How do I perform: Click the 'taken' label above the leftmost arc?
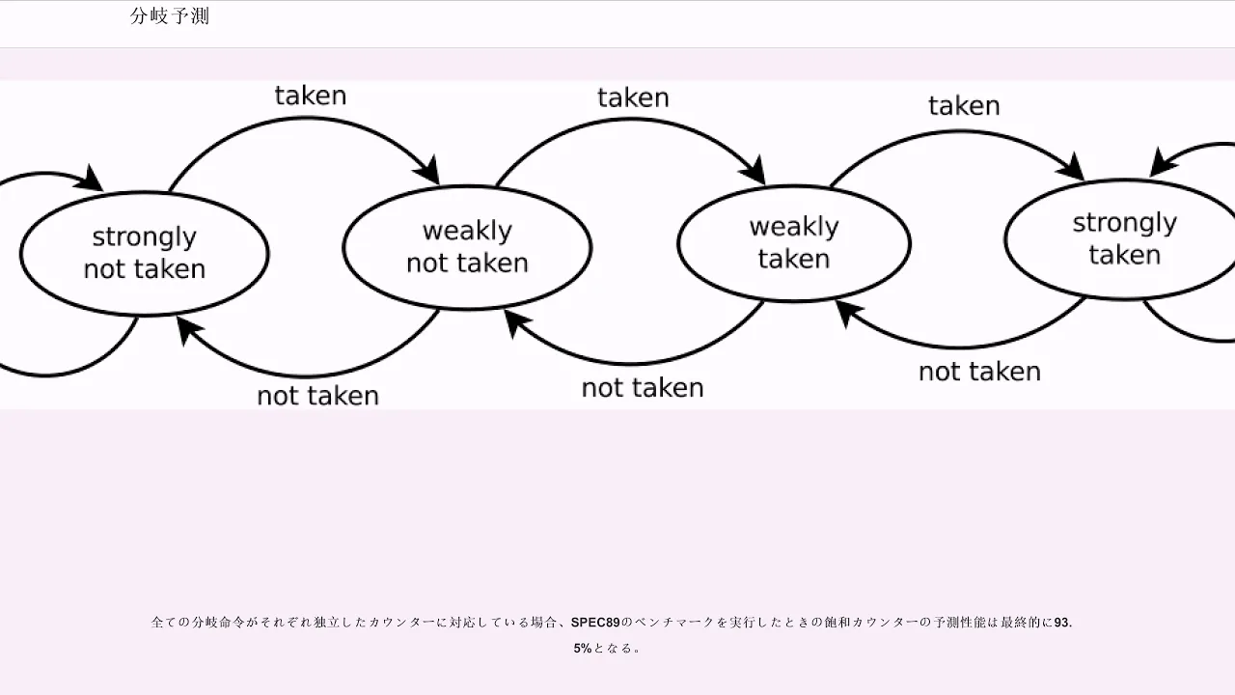click(x=311, y=96)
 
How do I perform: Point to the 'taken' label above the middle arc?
click(x=633, y=98)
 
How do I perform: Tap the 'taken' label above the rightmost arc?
click(x=964, y=106)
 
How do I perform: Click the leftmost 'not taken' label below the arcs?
click(x=318, y=396)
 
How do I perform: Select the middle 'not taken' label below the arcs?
click(x=643, y=388)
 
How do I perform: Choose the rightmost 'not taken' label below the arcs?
click(x=979, y=372)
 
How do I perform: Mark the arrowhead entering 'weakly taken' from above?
click(x=754, y=171)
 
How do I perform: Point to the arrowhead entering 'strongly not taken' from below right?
click(x=189, y=330)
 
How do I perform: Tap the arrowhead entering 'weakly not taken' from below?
click(x=516, y=323)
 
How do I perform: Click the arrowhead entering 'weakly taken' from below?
click(x=848, y=313)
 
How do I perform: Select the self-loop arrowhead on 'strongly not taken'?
click(x=90, y=179)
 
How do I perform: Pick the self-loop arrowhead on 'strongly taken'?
click(x=1163, y=162)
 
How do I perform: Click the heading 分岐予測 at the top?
click(x=170, y=16)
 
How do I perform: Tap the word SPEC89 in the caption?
click(x=595, y=623)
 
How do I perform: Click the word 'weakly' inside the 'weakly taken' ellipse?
click(x=794, y=227)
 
